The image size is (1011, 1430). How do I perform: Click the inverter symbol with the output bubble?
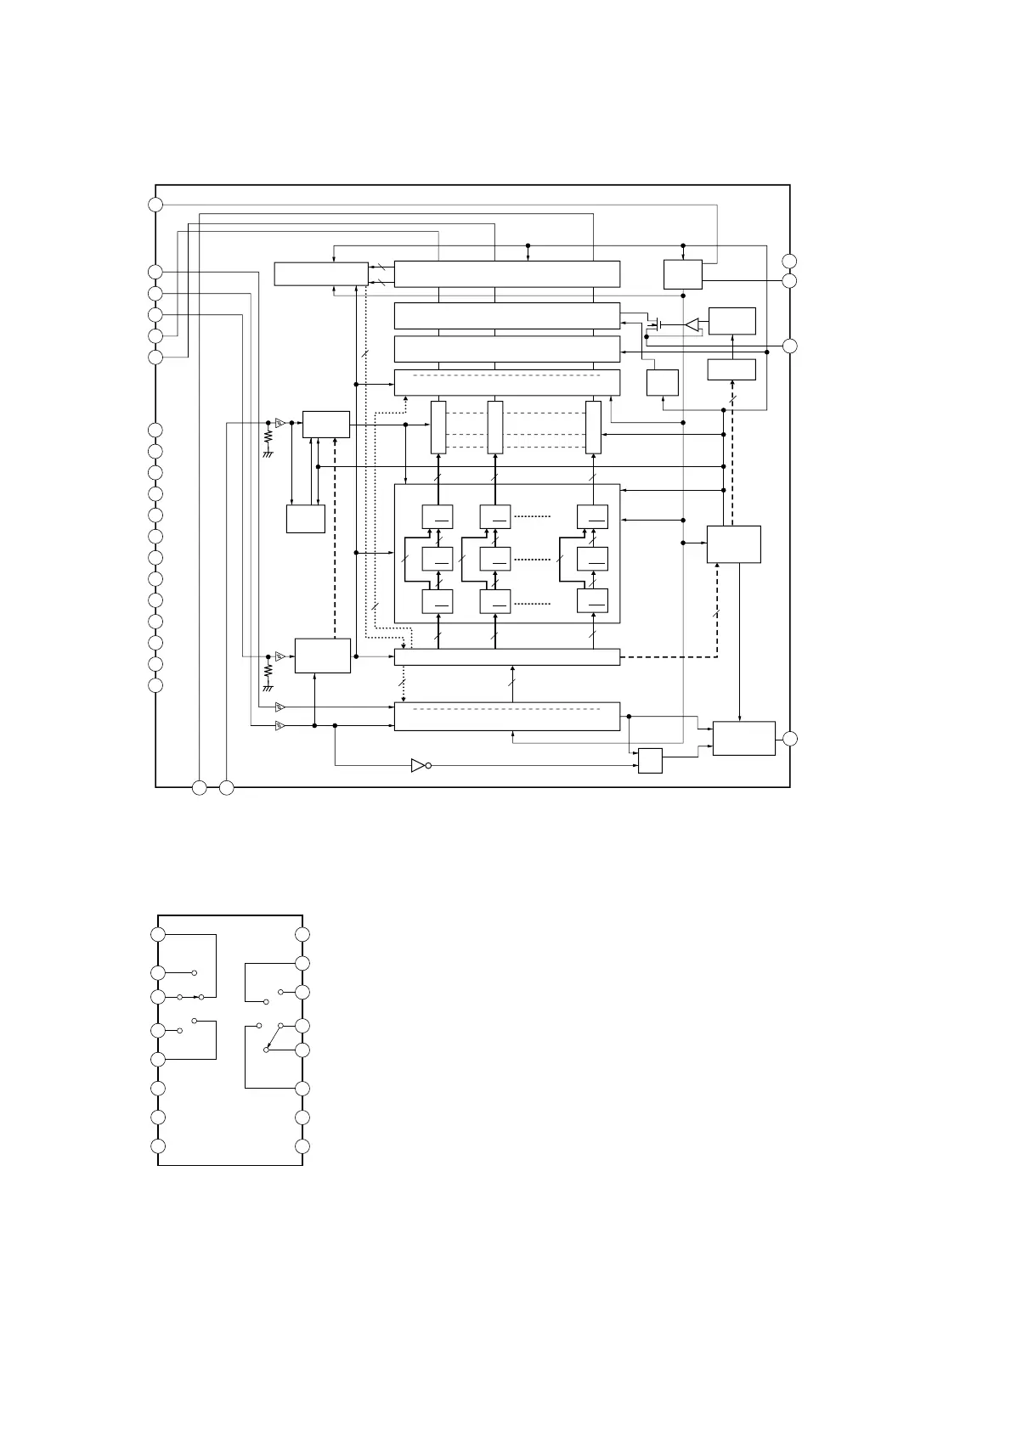419,765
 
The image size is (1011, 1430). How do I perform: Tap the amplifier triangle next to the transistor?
692,324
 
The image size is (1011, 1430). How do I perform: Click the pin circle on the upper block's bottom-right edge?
790,739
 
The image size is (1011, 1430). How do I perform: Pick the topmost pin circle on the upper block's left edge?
155,204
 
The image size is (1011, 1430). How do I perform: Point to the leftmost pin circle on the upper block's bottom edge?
199,788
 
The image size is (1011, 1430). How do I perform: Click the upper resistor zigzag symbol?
268,436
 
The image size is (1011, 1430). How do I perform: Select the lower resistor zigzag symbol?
268,670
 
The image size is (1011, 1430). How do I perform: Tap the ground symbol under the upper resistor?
268,454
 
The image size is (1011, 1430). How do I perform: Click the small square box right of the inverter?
650,761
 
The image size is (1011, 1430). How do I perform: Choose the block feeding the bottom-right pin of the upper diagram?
743,738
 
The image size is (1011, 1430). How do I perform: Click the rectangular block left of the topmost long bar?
321,274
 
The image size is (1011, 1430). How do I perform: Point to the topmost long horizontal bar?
507,274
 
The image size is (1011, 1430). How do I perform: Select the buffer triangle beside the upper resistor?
280,422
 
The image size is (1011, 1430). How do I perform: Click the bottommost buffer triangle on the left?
280,726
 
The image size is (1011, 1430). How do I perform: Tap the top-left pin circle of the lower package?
158,934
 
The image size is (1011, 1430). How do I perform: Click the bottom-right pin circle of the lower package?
302,1147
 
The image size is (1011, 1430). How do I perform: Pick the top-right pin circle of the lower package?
302,935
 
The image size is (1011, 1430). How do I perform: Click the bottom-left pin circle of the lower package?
158,1147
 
